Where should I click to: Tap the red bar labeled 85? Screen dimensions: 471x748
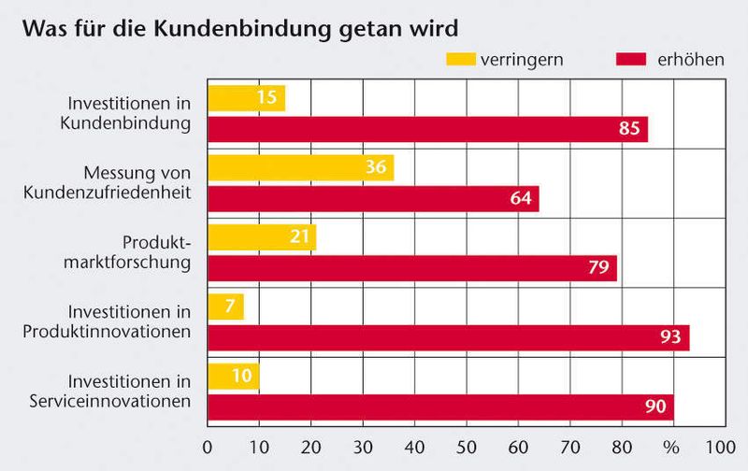tap(427, 129)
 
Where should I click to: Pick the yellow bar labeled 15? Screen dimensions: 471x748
tap(246, 98)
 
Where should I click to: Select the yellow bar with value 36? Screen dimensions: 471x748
tap(300, 168)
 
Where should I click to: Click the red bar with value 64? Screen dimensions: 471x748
tap(373, 199)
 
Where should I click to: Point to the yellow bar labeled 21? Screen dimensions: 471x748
tap(262, 237)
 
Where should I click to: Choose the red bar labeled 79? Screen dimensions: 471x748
tap(411, 268)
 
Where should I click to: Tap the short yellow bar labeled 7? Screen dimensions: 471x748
tap(225, 307)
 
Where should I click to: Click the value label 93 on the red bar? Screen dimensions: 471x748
tap(669, 337)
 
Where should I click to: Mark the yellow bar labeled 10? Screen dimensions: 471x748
tap(233, 376)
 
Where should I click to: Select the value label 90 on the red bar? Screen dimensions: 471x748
tap(654, 407)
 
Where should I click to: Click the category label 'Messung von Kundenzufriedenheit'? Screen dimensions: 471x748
tap(137, 183)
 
